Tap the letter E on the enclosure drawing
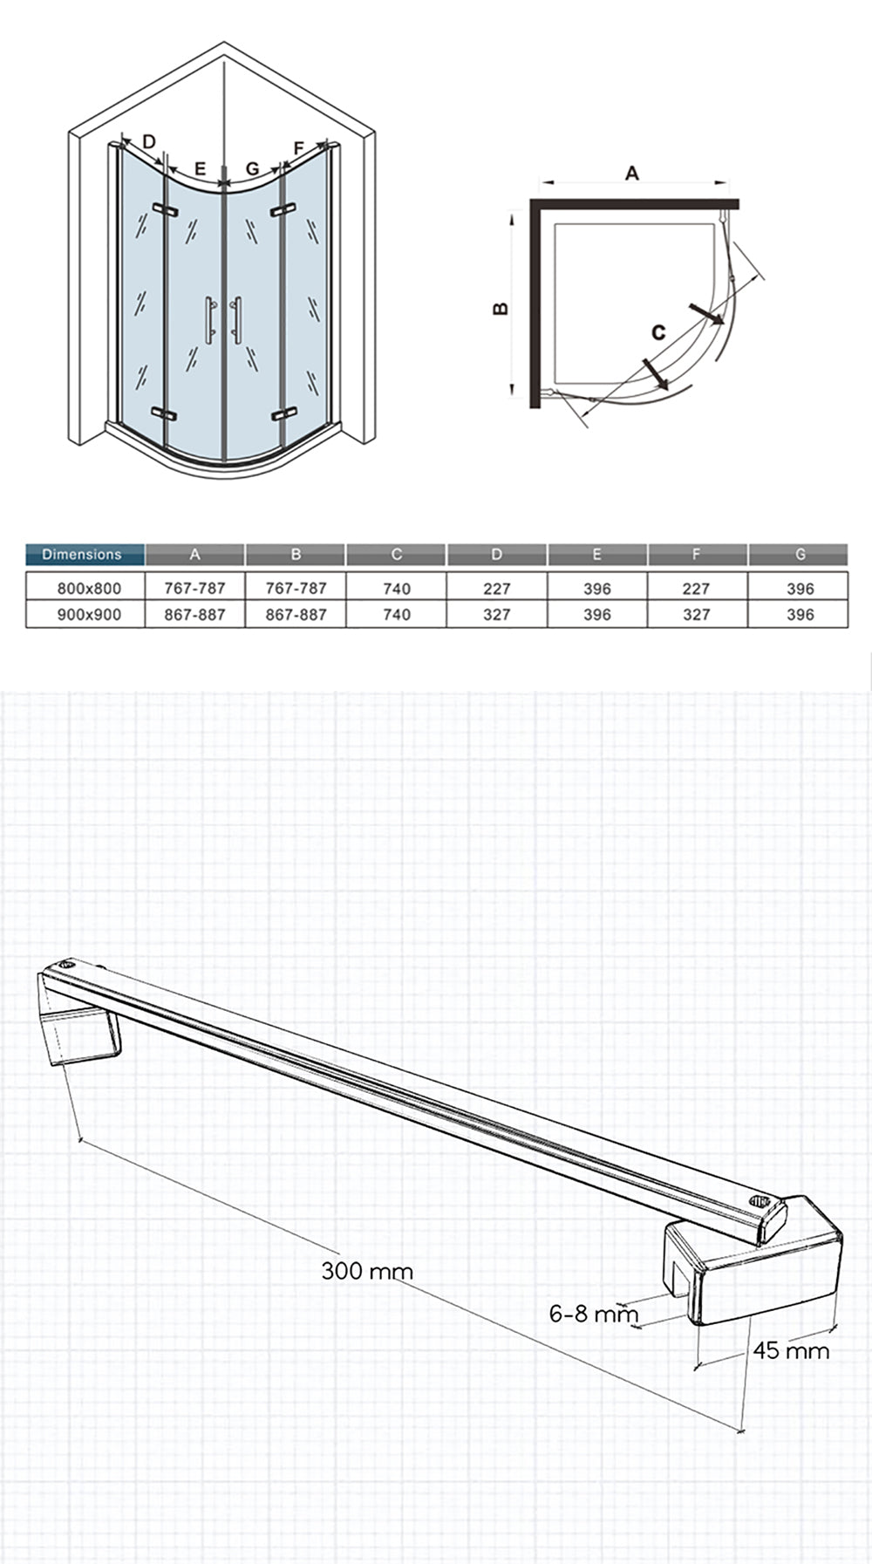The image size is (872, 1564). (200, 168)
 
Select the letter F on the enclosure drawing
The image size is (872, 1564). (299, 147)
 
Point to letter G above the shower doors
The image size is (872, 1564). (253, 168)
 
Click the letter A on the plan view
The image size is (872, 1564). (632, 173)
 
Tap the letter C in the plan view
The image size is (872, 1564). (658, 331)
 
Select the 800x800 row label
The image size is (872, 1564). (83, 589)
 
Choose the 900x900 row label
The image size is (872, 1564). (83, 614)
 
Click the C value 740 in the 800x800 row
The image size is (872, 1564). (397, 589)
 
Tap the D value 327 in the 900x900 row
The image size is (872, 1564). (496, 614)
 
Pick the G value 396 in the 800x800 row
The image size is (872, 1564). (800, 589)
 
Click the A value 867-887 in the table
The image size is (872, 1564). (195, 614)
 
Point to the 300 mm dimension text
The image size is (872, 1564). (367, 1270)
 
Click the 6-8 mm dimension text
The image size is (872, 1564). (594, 1313)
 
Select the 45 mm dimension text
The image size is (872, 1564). (791, 1350)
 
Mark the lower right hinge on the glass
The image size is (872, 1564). (282, 413)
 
